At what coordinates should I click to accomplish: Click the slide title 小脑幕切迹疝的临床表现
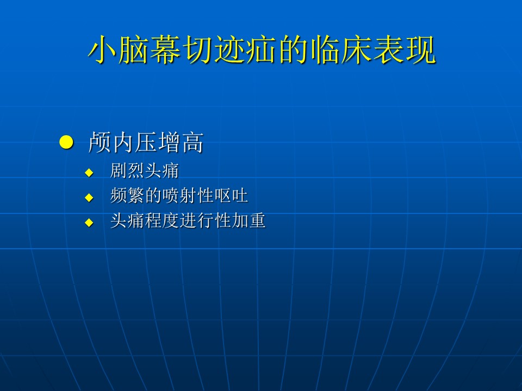[x=262, y=49]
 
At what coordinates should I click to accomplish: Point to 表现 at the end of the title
[x=404, y=49]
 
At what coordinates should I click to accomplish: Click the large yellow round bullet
[x=66, y=142]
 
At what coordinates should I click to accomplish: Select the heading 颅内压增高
[x=146, y=142]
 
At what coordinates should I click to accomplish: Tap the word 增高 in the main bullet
[x=181, y=142]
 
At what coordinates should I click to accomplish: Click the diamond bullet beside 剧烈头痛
[x=89, y=173]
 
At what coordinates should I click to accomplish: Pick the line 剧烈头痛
[x=145, y=171]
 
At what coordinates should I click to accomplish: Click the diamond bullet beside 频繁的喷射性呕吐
[x=89, y=198]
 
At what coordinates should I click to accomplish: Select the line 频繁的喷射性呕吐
[x=179, y=195]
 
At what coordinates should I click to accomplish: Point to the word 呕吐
[x=231, y=195]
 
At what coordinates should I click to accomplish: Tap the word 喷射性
[x=188, y=195]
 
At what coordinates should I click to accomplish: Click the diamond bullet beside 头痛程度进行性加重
[x=89, y=223]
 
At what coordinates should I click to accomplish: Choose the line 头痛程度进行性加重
[x=188, y=220]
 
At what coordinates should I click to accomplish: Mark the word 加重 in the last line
[x=248, y=220]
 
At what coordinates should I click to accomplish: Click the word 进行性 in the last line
[x=205, y=220]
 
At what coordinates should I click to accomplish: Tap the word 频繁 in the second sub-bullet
[x=127, y=195]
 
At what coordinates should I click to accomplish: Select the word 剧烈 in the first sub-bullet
[x=127, y=171]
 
